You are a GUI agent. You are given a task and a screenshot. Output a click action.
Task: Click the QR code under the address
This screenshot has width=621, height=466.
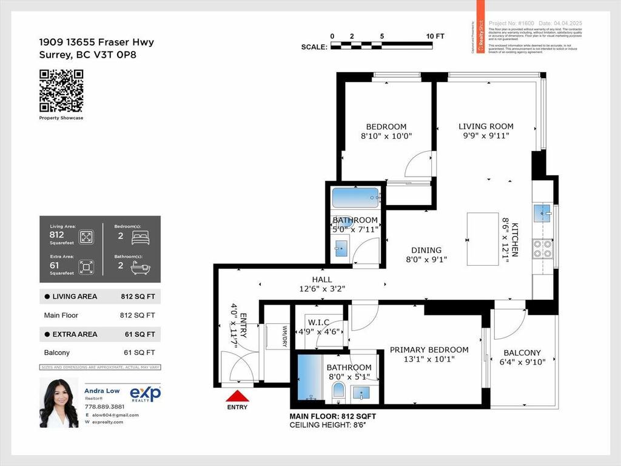point(61,91)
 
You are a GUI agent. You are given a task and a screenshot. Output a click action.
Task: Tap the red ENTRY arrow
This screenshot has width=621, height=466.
point(237,397)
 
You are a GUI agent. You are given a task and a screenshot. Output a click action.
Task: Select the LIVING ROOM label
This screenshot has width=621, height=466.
point(486,126)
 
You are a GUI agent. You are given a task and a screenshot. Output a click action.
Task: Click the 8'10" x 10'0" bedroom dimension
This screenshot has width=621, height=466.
point(386,137)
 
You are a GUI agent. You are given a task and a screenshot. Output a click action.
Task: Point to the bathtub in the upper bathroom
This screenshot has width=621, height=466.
point(355,197)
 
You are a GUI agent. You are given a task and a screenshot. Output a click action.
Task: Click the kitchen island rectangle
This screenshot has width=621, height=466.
point(483,238)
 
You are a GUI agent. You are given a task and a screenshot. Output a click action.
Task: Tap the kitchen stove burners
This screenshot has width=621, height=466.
point(542,249)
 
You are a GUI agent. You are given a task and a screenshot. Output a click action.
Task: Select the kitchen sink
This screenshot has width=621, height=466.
point(542,212)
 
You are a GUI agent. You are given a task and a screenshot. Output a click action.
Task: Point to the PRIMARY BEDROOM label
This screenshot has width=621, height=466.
point(429,349)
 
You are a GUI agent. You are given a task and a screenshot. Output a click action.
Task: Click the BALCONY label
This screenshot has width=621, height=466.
point(522,353)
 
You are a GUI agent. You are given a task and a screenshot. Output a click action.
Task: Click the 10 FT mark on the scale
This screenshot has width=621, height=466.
point(435,36)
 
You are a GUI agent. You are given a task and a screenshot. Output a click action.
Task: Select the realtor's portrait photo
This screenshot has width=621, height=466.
point(59,402)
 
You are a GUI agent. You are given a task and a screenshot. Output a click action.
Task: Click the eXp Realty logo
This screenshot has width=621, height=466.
point(146,394)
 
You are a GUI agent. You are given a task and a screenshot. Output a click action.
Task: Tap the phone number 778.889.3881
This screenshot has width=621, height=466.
point(105,407)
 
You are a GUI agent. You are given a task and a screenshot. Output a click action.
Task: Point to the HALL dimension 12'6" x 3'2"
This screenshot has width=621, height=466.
point(321,288)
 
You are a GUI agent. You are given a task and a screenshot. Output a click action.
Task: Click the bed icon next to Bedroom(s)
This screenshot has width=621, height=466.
point(140,237)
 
